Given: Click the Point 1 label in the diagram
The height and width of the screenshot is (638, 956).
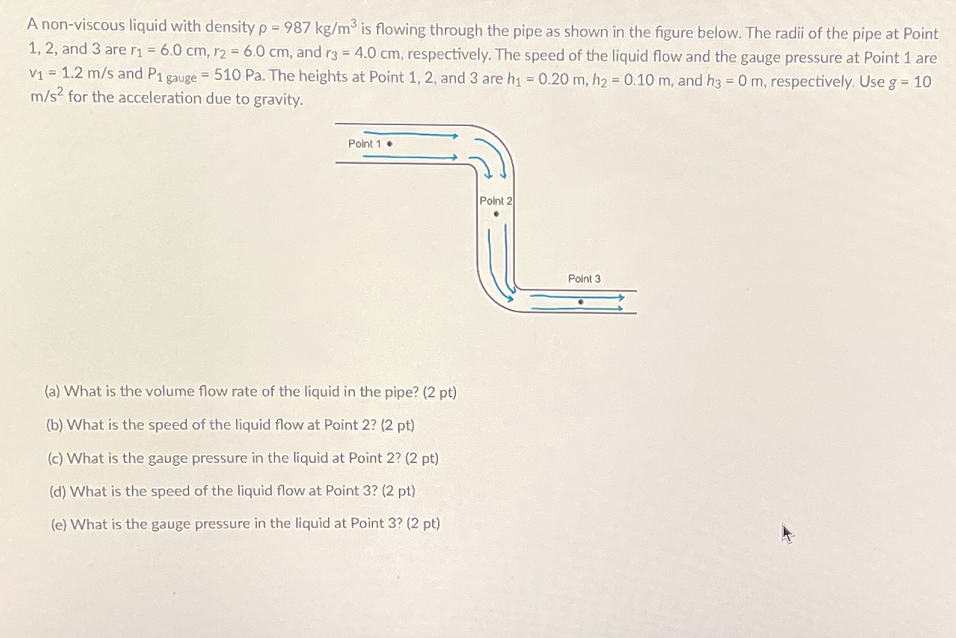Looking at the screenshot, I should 365,144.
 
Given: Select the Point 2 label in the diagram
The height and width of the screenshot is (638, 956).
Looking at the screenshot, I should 495,201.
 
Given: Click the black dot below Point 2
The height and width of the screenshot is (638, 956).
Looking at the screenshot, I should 496,214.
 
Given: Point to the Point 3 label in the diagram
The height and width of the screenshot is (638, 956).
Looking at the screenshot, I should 584,279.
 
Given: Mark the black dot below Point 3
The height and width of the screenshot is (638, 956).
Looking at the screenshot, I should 580,301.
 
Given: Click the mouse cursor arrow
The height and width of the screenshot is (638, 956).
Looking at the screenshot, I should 787,535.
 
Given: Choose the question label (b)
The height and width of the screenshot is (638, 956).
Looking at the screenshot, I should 54,425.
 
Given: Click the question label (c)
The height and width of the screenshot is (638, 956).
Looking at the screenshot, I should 55,458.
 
